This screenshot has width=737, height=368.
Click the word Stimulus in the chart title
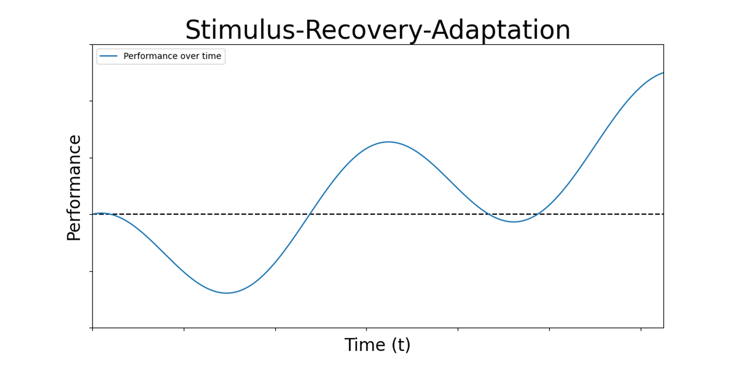(240, 30)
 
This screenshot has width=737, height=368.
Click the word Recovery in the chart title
(363, 30)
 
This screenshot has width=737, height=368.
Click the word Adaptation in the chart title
(501, 30)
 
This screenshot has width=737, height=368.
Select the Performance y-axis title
(74, 188)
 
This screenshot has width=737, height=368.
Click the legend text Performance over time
(172, 56)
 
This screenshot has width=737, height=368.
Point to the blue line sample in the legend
(108, 56)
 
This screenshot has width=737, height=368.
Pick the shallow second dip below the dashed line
(514, 222)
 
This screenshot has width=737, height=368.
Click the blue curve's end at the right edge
(663, 73)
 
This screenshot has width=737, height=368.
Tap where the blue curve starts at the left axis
(93, 214)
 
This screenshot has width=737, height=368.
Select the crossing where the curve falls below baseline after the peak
(489, 214)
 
